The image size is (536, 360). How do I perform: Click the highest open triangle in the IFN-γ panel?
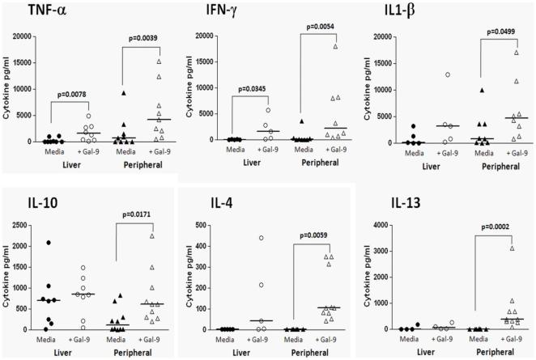click(334, 46)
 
